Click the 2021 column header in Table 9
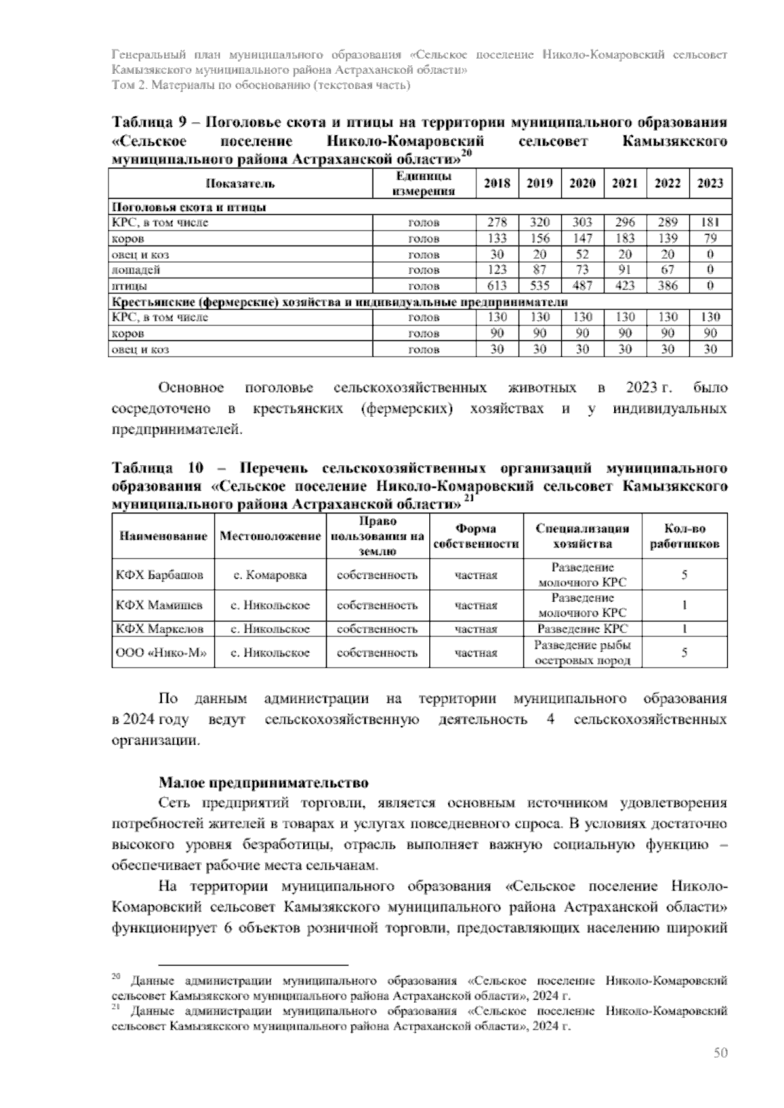click(625, 184)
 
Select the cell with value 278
click(497, 223)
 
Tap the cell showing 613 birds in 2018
click(497, 286)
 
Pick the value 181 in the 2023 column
click(710, 223)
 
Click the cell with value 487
click(582, 286)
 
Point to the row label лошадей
click(137, 270)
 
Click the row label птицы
click(130, 286)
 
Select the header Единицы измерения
click(423, 184)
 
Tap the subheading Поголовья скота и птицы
click(189, 207)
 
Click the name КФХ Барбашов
click(159, 576)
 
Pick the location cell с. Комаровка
click(270, 576)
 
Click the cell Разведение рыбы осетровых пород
click(583, 653)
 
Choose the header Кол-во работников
click(685, 536)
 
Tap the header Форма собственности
click(476, 536)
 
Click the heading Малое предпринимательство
click(263, 783)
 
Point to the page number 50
click(720, 1052)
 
